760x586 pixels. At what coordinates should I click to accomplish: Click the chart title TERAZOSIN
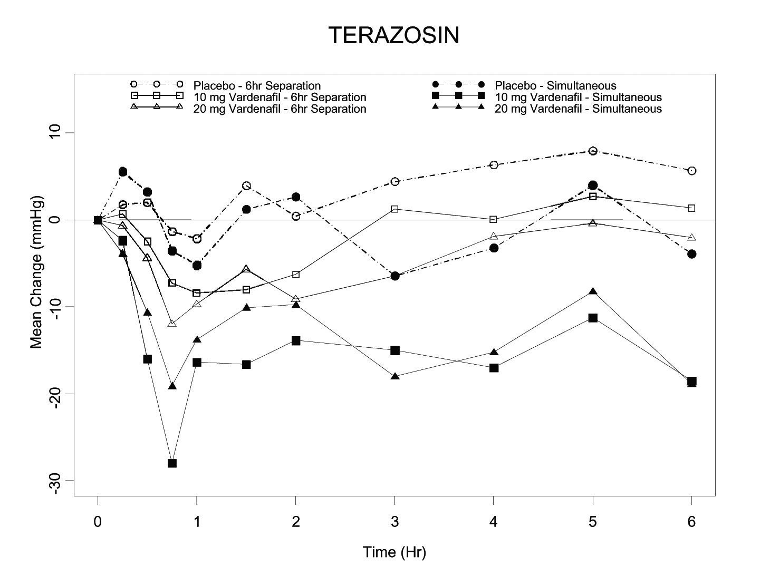pos(394,35)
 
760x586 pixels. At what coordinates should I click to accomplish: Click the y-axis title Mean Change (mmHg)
pos(36,272)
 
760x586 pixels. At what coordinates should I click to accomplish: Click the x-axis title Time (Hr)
pos(394,552)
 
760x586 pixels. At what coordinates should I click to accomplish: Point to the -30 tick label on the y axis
pos(58,481)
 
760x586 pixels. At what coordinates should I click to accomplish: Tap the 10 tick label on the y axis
pos(58,132)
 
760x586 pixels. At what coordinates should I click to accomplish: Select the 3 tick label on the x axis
pos(395,522)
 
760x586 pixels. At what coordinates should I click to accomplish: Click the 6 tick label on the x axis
pos(691,522)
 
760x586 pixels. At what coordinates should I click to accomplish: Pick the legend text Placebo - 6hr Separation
pos(257,85)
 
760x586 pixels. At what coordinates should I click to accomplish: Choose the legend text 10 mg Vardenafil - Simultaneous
pos(578,97)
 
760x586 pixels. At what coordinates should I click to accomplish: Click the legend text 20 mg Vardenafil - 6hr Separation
pos(280,109)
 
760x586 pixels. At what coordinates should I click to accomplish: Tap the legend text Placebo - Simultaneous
pos(555,85)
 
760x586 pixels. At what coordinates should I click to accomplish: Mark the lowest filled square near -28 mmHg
pos(172,463)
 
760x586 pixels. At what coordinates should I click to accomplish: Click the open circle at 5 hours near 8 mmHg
pos(593,151)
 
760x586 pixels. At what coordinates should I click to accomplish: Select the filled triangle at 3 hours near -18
pos(395,376)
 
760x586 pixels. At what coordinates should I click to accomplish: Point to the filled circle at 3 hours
pos(395,276)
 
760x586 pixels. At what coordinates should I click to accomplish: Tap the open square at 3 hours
pos(395,209)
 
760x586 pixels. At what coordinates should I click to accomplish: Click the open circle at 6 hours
pos(691,171)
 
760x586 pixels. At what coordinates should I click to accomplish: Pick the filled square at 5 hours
pos(593,318)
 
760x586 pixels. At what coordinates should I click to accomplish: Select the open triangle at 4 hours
pos(494,236)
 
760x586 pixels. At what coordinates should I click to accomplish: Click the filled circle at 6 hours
pos(691,254)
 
